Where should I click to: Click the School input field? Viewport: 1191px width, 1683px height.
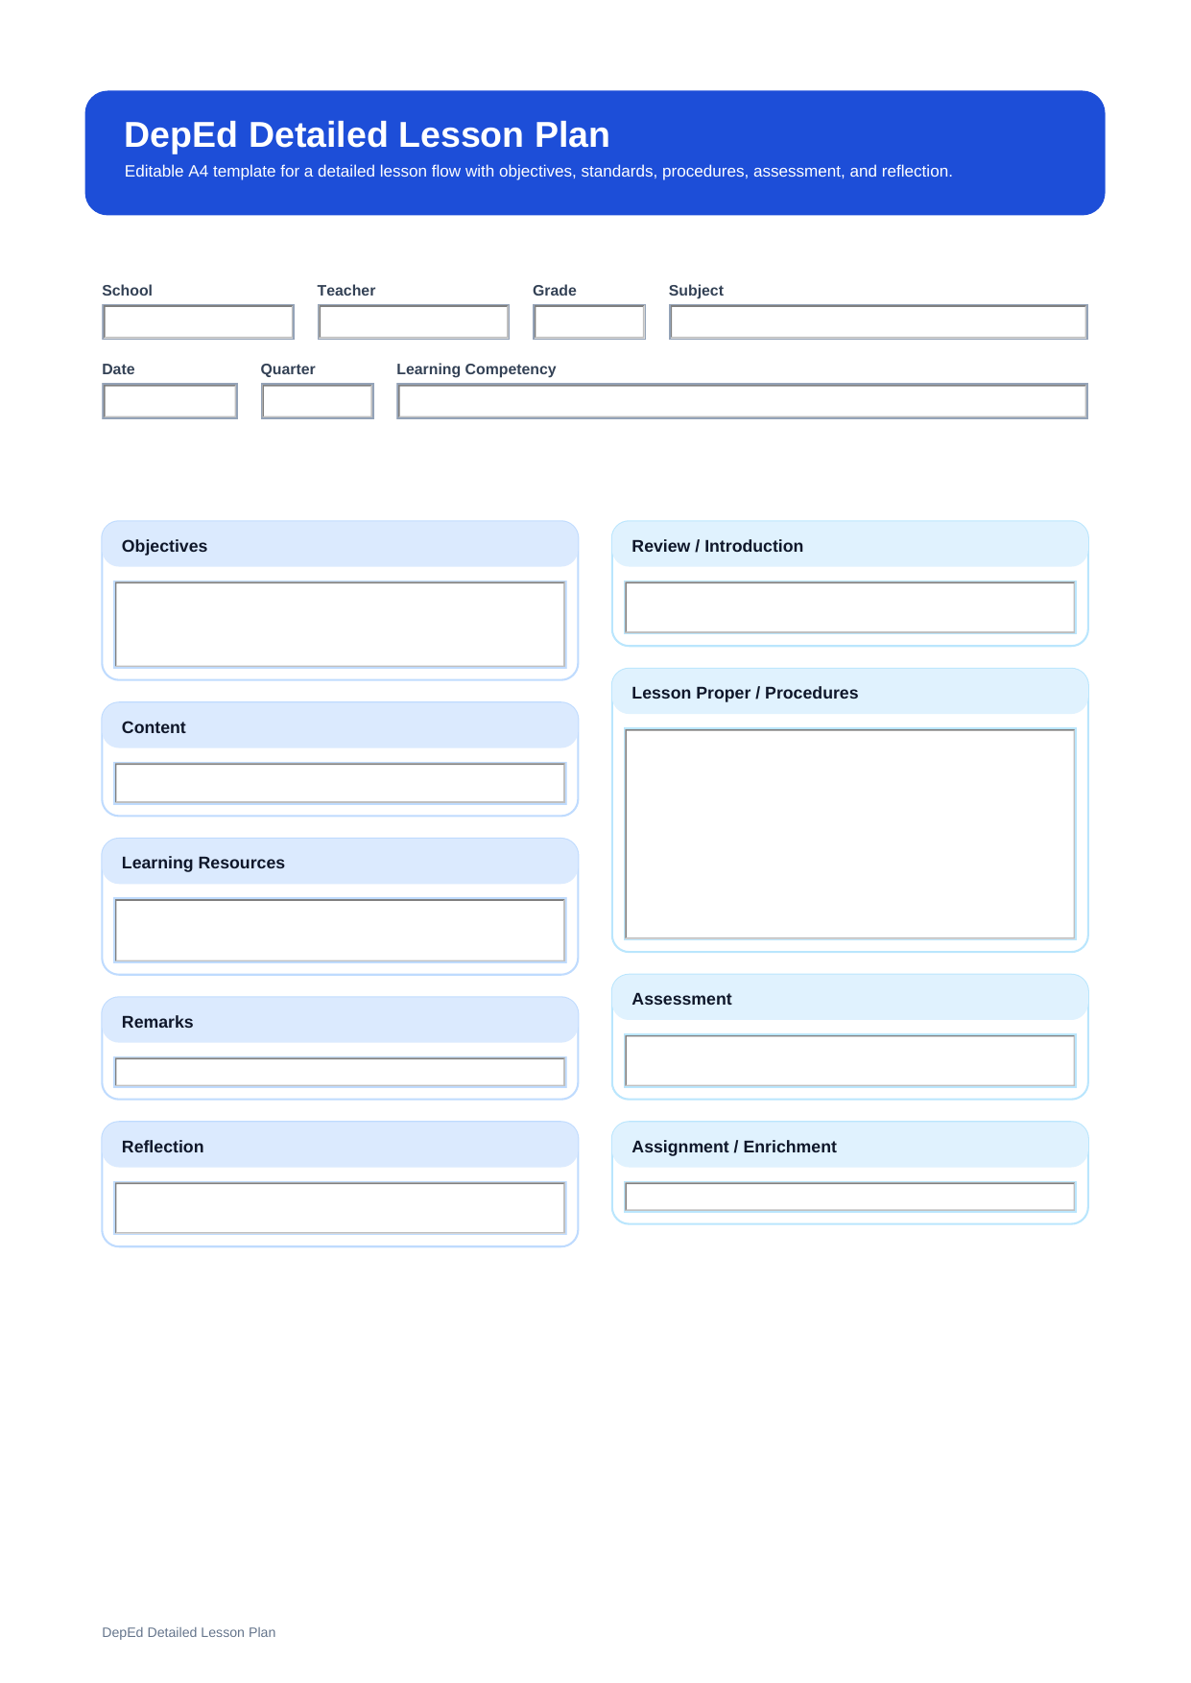click(198, 322)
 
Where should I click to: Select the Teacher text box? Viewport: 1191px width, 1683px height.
click(413, 322)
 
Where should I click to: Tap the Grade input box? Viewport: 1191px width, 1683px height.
click(588, 322)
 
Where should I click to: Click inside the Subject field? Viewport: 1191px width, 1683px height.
click(877, 322)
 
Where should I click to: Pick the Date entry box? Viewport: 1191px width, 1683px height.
click(170, 401)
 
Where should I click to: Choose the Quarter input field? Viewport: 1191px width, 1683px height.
click(317, 401)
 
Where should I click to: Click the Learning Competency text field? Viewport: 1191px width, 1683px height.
click(742, 401)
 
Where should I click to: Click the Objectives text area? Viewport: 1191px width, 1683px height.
click(340, 625)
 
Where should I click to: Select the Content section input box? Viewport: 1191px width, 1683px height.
click(340, 783)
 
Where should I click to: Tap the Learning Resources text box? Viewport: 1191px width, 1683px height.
click(340, 930)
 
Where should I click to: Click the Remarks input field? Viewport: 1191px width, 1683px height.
click(340, 1072)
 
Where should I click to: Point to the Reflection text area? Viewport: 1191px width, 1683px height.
click(340, 1207)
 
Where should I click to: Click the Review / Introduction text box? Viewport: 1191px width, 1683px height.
click(849, 607)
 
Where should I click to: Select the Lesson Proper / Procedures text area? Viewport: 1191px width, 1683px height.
click(849, 834)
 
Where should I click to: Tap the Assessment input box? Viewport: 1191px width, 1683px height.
click(849, 1060)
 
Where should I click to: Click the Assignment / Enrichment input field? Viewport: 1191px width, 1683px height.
click(849, 1197)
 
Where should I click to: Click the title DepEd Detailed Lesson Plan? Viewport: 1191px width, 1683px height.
click(367, 135)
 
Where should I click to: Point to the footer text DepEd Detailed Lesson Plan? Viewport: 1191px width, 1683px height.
click(188, 1632)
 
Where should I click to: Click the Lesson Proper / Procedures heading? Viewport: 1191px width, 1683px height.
click(745, 693)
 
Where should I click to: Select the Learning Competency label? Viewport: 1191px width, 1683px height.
click(476, 369)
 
